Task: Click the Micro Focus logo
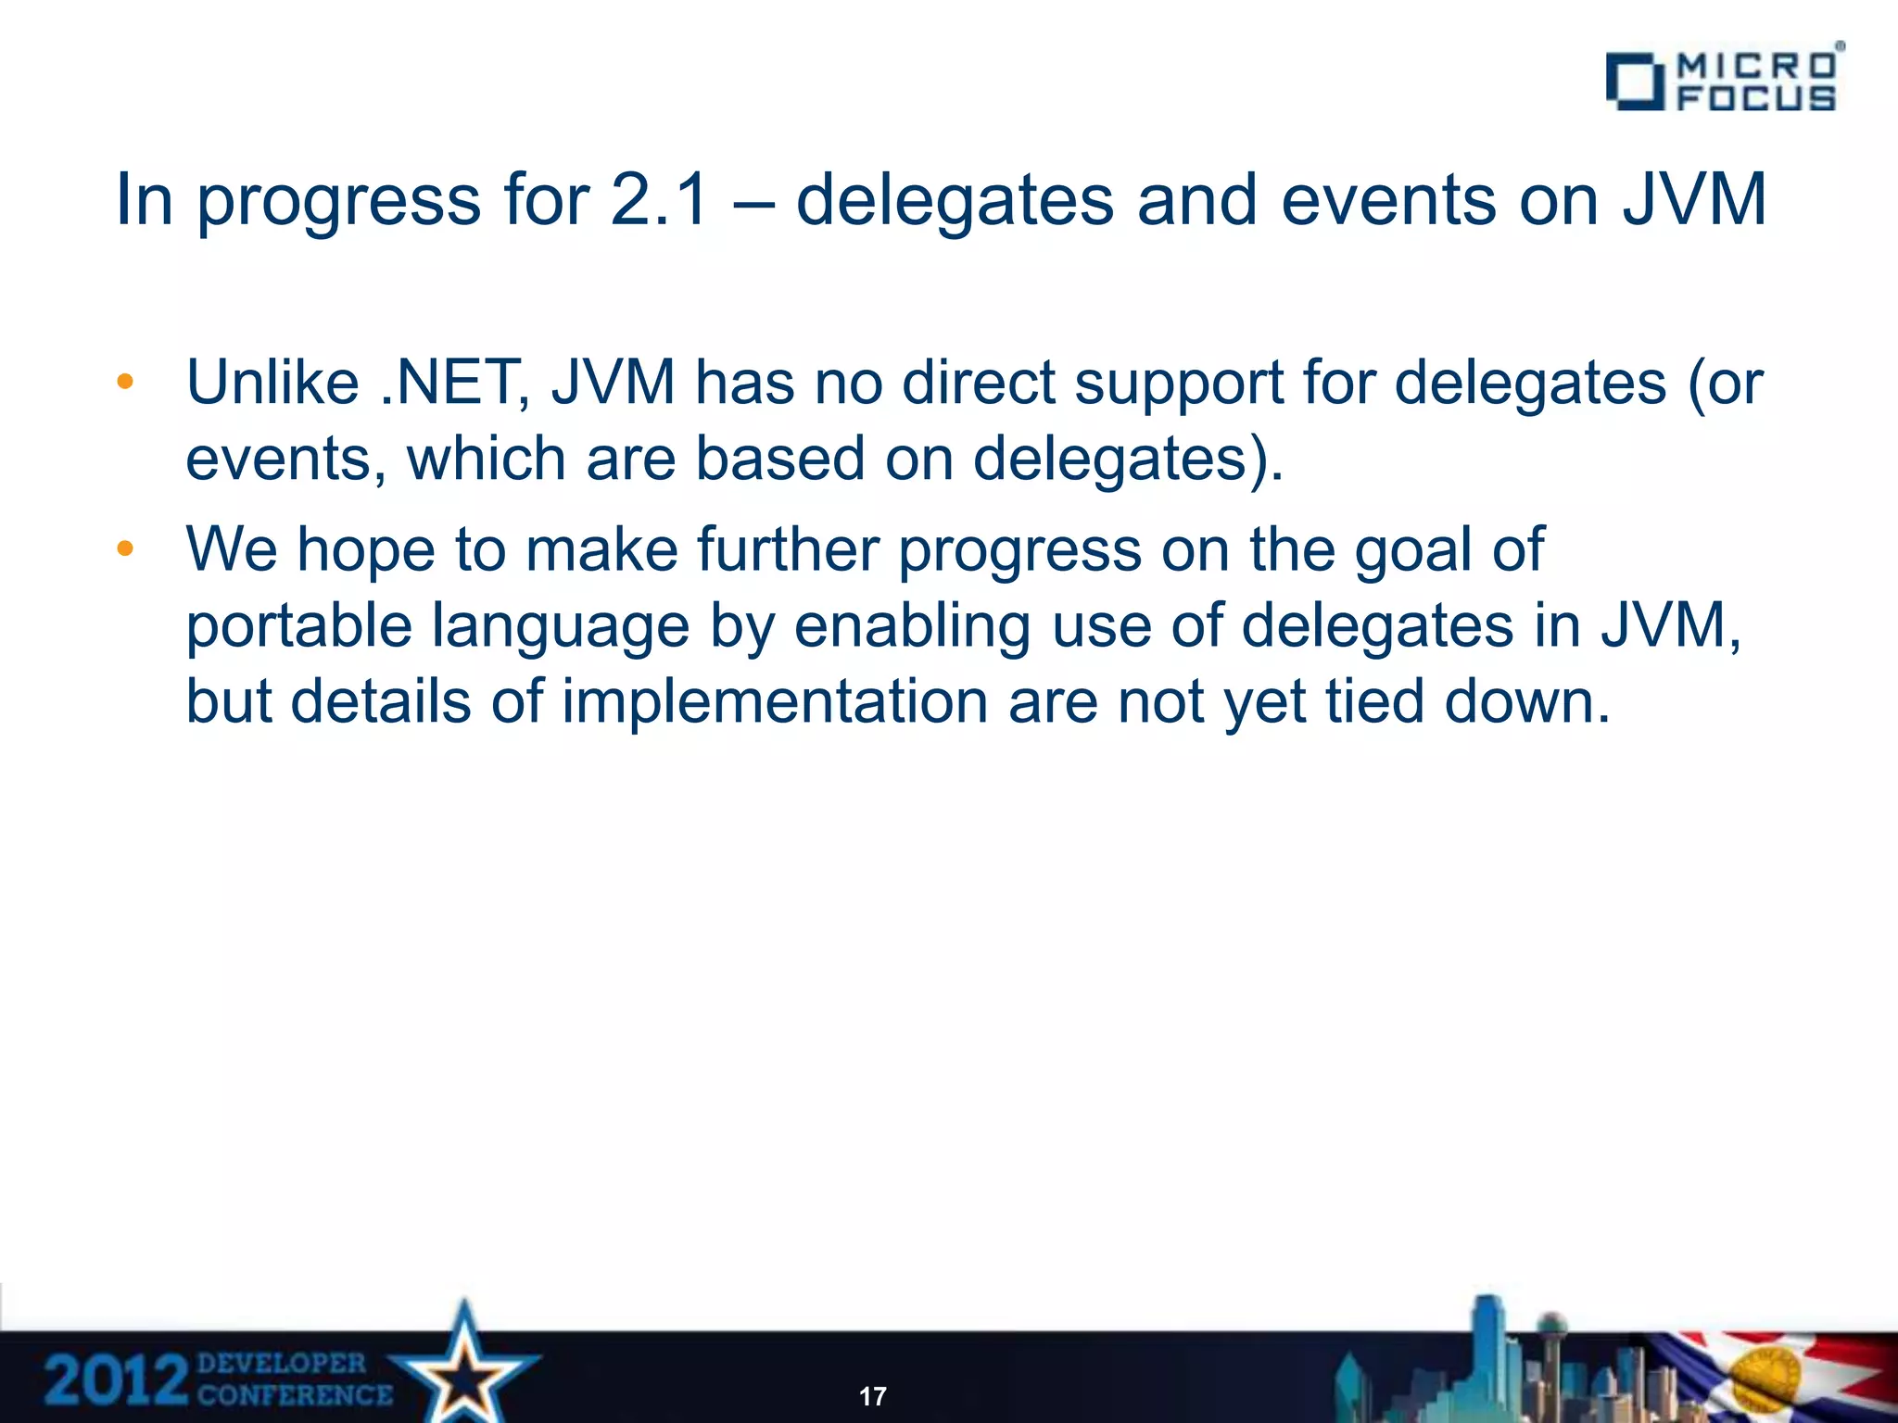point(1722,81)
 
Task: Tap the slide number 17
point(872,1396)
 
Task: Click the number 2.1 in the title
point(659,200)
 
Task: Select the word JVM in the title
point(1694,200)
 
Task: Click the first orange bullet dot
point(125,382)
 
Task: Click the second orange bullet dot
point(125,548)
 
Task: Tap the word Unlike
point(272,383)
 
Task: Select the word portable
point(298,626)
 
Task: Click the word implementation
point(775,701)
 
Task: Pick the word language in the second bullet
point(561,626)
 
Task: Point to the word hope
point(365,549)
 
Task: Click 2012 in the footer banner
point(116,1380)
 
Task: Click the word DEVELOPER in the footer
point(282,1364)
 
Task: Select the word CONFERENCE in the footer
point(295,1395)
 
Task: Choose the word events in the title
point(1388,200)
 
